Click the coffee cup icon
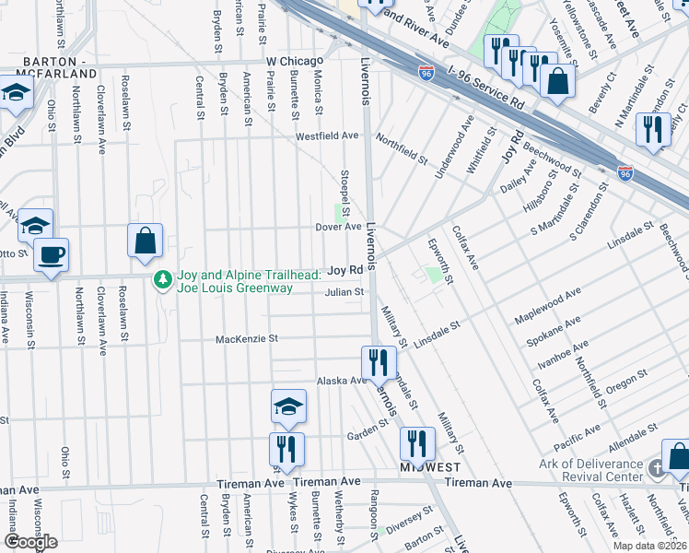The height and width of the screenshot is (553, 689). click(50, 253)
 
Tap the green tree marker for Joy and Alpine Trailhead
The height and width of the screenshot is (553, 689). click(163, 277)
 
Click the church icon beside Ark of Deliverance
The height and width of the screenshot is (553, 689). click(655, 469)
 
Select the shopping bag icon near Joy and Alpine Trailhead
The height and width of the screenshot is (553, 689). click(146, 241)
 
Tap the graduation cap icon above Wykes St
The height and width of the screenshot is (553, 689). click(288, 406)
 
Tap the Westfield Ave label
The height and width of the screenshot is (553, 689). click(326, 135)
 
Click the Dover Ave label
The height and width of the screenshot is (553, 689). click(338, 227)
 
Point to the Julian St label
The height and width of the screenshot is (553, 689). click(344, 292)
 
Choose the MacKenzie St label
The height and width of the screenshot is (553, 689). click(246, 339)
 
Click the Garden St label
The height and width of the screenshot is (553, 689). click(364, 435)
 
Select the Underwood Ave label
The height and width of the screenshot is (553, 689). click(458, 142)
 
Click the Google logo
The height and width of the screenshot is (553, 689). click(29, 542)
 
